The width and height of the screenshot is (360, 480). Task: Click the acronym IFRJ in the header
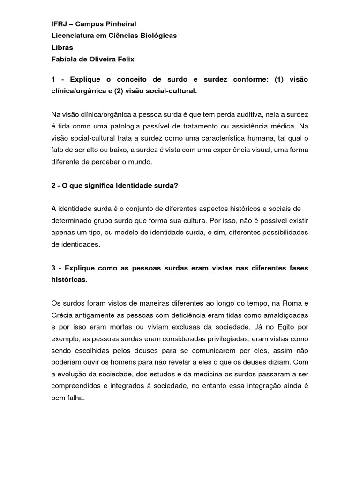point(59,24)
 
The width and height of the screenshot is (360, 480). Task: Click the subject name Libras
point(61,47)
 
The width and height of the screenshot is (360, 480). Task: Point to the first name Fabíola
point(64,59)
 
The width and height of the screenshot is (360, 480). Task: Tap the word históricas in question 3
point(69,279)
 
